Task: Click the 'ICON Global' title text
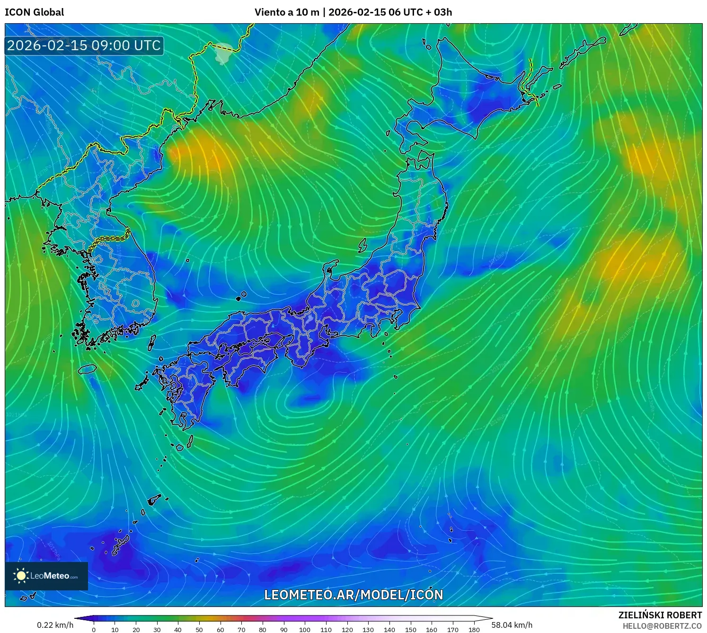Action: (x=34, y=12)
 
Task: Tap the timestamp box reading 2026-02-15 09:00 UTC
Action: (x=84, y=45)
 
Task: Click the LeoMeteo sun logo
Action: (x=21, y=576)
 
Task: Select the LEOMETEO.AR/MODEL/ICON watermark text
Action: (x=353, y=595)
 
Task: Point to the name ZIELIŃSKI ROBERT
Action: (x=660, y=615)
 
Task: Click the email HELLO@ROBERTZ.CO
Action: (x=662, y=626)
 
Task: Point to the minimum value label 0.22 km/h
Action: (x=55, y=625)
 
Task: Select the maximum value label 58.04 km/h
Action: (x=512, y=625)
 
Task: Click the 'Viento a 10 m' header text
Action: (x=287, y=12)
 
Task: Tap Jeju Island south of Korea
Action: (x=87, y=369)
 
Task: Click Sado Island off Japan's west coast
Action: (x=362, y=246)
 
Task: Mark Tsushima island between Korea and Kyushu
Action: (x=152, y=342)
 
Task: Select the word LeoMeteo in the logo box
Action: (x=50, y=576)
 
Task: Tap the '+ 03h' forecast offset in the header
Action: (x=439, y=12)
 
